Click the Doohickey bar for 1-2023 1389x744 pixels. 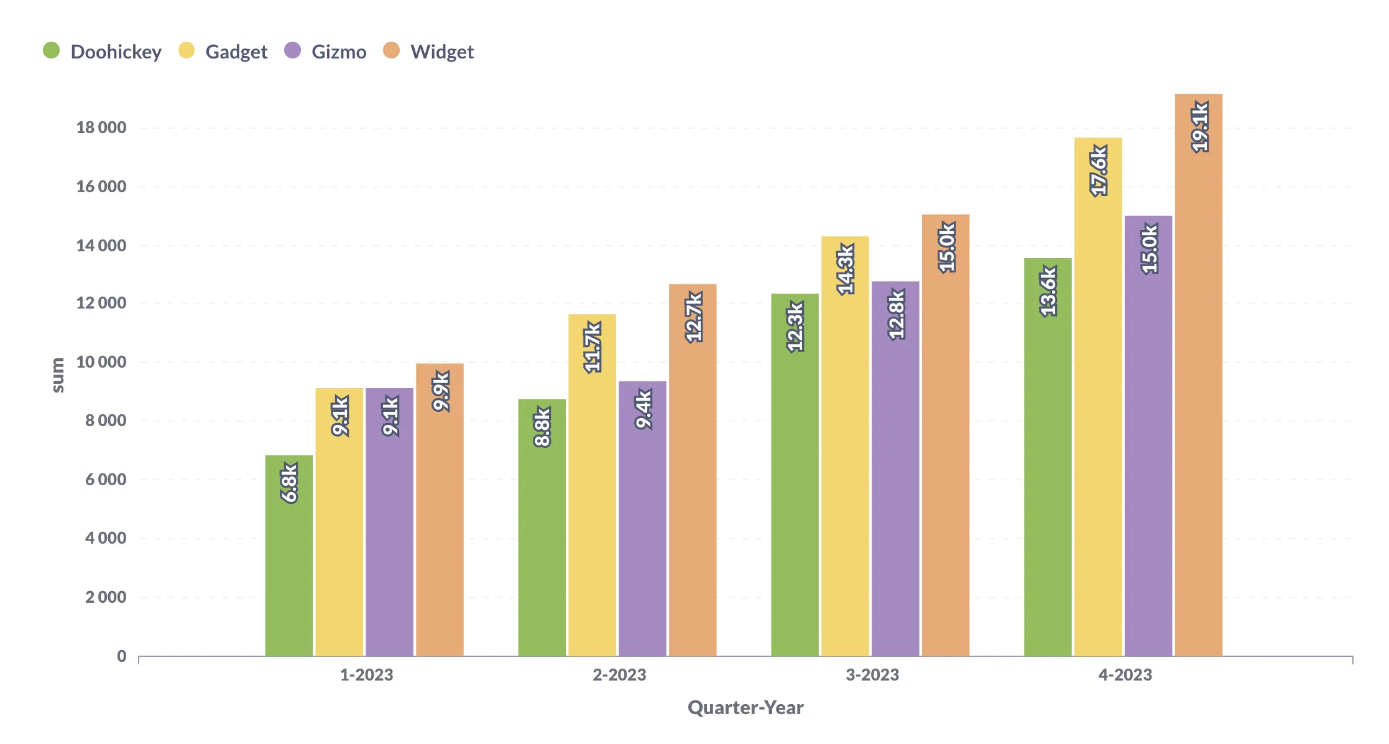click(x=288, y=560)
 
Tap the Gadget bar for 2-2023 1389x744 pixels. click(x=592, y=498)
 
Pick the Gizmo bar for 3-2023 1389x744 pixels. click(x=895, y=485)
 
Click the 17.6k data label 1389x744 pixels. click(x=1099, y=170)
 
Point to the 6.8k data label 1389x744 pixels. click(x=289, y=482)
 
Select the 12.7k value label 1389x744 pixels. click(x=693, y=317)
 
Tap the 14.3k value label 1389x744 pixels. click(x=845, y=269)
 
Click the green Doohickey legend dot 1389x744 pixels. click(x=52, y=50)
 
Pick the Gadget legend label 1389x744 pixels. click(x=236, y=52)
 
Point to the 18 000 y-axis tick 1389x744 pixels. click(x=101, y=128)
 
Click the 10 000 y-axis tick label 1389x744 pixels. click(x=101, y=361)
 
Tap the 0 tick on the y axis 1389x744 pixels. click(x=122, y=656)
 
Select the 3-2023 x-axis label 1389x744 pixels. click(x=872, y=675)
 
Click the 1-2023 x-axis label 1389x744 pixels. click(x=366, y=675)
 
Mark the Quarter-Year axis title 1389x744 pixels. click(x=745, y=707)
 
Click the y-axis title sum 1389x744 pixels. click(x=57, y=375)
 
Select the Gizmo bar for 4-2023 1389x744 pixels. click(x=1148, y=448)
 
